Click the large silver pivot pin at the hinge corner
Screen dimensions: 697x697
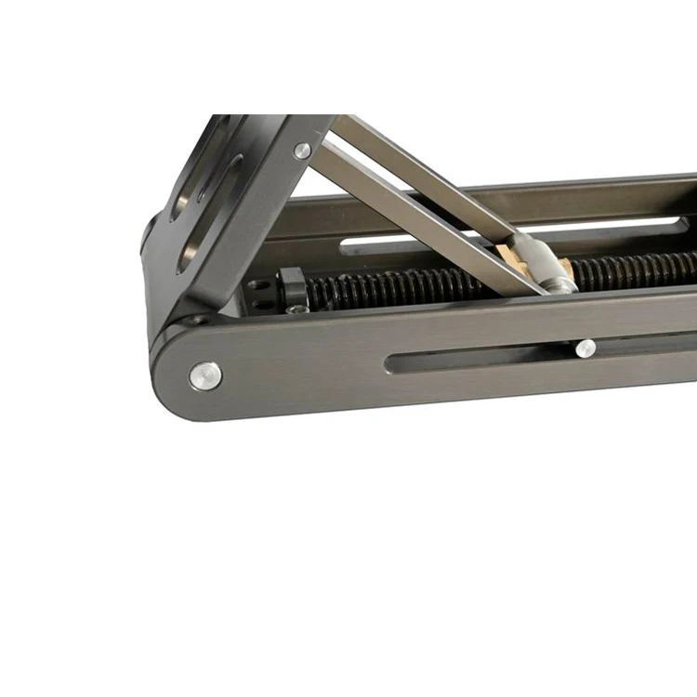pyautogui.click(x=205, y=375)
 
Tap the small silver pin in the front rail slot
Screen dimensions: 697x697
pyautogui.click(x=585, y=348)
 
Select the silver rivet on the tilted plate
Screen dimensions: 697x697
pyautogui.click(x=302, y=150)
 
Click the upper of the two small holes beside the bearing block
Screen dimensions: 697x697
pyautogui.click(x=263, y=285)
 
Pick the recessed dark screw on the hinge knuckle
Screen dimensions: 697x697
pyautogui.click(x=195, y=319)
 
